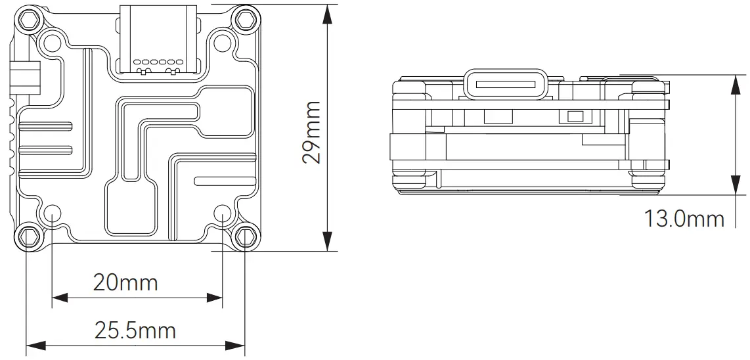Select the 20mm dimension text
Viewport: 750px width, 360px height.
coord(125,282)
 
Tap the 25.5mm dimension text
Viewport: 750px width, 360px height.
coord(135,330)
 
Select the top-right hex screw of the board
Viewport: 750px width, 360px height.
coord(246,19)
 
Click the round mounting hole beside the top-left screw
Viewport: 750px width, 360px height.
coord(51,43)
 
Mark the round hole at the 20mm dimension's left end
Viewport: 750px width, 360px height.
coord(52,213)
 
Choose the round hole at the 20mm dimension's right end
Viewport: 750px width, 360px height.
coord(223,213)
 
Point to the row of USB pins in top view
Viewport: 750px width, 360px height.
coord(157,61)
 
